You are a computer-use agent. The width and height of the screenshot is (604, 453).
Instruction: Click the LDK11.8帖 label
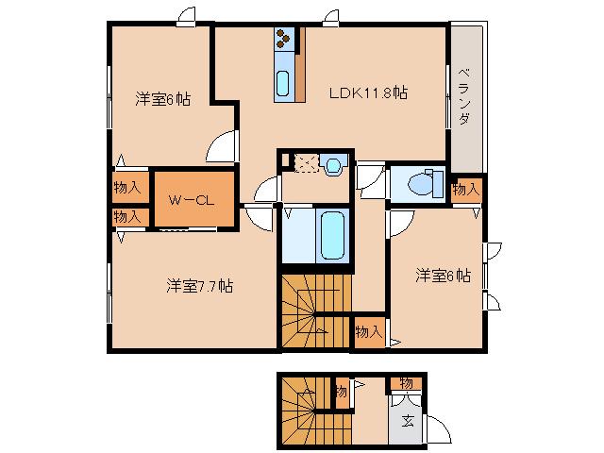367,92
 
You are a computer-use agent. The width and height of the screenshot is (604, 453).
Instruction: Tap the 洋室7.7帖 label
200,286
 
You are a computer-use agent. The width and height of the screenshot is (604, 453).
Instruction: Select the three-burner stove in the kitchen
286,40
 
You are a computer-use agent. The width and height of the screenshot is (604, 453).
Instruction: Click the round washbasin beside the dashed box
332,165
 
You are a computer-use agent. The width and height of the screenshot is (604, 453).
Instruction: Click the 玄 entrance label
407,421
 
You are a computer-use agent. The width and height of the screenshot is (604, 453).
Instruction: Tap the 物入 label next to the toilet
465,190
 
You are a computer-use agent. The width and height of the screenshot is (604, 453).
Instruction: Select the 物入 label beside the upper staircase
368,331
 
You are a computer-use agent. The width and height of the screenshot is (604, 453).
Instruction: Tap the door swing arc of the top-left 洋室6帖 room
223,146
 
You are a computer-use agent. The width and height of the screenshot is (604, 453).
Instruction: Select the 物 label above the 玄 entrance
405,382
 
